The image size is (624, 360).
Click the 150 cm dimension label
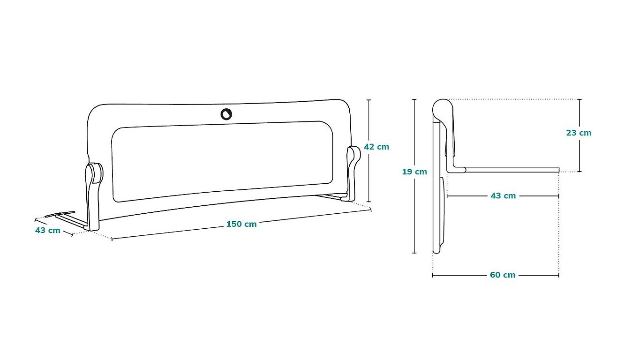(x=241, y=224)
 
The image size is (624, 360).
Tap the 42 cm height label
(x=376, y=147)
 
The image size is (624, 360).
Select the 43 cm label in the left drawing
(x=48, y=230)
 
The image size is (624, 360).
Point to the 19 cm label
(x=414, y=172)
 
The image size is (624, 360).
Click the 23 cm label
(x=579, y=133)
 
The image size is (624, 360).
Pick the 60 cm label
(x=503, y=275)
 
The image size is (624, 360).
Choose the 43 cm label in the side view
(x=503, y=196)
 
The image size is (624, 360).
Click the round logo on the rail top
(x=226, y=114)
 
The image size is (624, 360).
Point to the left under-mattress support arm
(x=67, y=219)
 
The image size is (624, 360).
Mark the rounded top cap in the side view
(x=443, y=110)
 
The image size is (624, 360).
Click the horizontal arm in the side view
(x=512, y=170)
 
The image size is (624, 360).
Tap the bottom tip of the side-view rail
(x=436, y=252)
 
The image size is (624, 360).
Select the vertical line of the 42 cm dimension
(x=369, y=150)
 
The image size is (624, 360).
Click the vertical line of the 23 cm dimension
(x=580, y=135)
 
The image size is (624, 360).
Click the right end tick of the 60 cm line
(x=558, y=275)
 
